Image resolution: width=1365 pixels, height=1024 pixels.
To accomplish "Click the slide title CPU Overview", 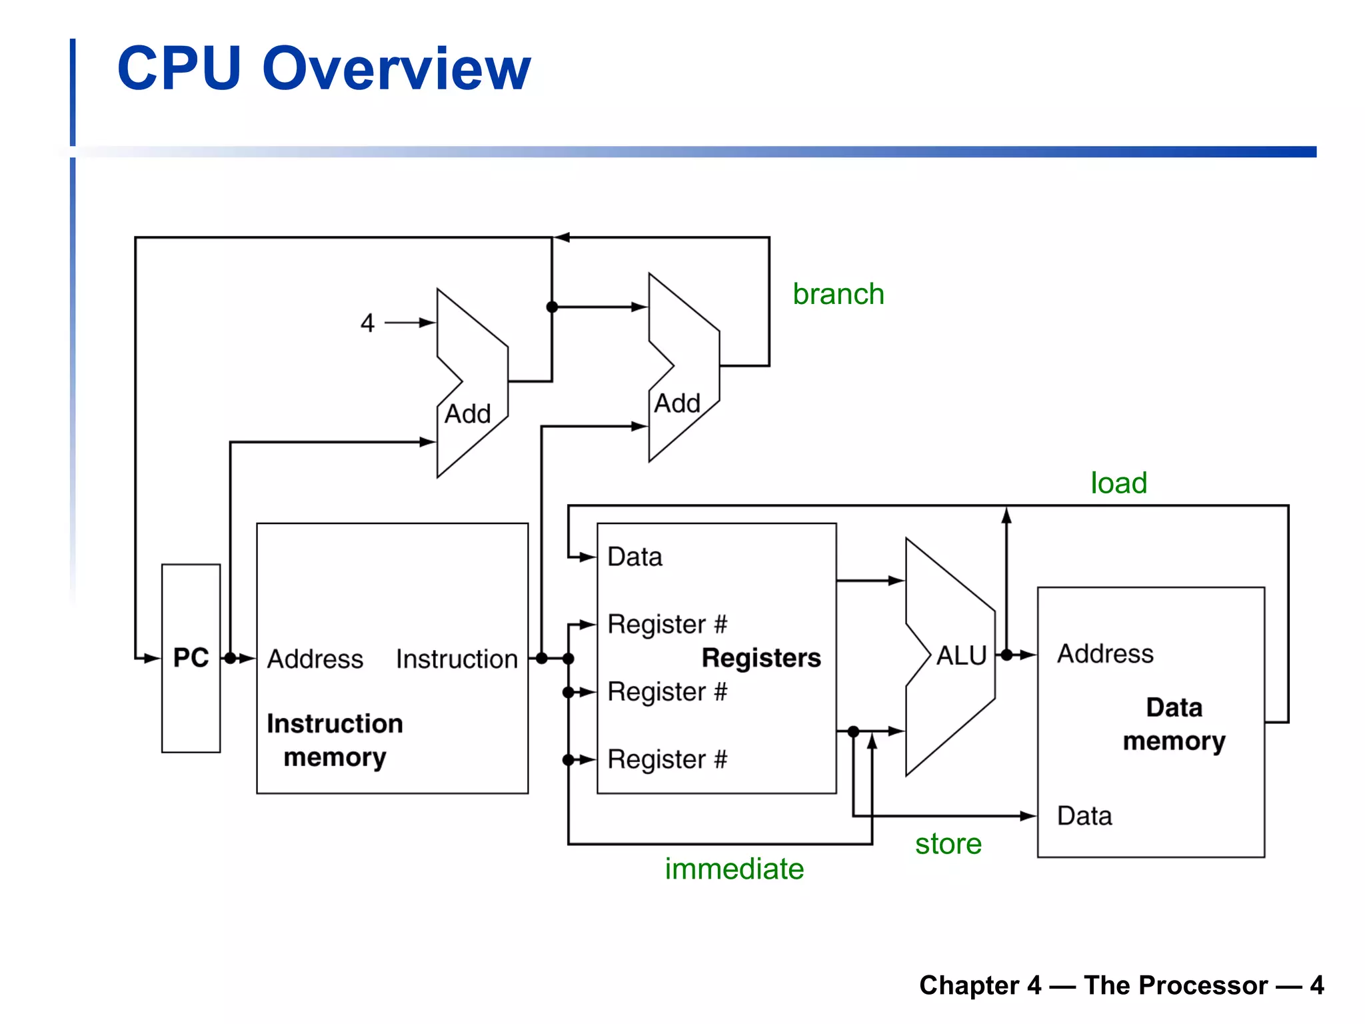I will pos(324,69).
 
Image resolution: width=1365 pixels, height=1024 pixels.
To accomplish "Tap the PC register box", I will pos(191,657).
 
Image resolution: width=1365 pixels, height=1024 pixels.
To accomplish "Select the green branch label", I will pos(838,294).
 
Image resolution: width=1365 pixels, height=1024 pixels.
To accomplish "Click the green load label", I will pos(1118,483).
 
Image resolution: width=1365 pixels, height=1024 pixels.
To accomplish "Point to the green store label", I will pos(948,844).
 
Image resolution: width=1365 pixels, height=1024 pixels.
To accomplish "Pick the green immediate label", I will pos(734,869).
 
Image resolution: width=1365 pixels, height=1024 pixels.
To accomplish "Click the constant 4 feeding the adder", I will pos(367,323).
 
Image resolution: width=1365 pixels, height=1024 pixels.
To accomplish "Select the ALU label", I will pos(960,656).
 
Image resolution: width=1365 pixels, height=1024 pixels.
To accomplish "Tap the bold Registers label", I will pos(761,658).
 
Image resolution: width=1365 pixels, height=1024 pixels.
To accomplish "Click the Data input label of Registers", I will pos(635,557).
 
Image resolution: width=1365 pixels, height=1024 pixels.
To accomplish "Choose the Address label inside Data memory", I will pos(1105,654).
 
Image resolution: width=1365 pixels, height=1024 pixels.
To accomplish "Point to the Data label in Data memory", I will pos(1084,816).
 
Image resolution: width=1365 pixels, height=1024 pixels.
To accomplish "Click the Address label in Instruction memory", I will pos(315,659).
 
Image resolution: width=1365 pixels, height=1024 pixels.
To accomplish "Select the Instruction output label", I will pos(457,659).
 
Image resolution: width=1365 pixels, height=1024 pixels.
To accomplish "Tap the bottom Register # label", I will pos(667,759).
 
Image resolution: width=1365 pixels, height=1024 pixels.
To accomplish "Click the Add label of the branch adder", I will pos(677,403).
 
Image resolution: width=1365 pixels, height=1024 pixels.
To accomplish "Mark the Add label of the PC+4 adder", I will pos(467,414).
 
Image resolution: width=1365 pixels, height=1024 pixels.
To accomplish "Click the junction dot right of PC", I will pos(230,659).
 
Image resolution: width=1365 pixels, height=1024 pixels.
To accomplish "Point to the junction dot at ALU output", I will pos(1006,655).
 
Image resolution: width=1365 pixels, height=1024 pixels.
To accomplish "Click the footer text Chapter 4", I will pos(980,985).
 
